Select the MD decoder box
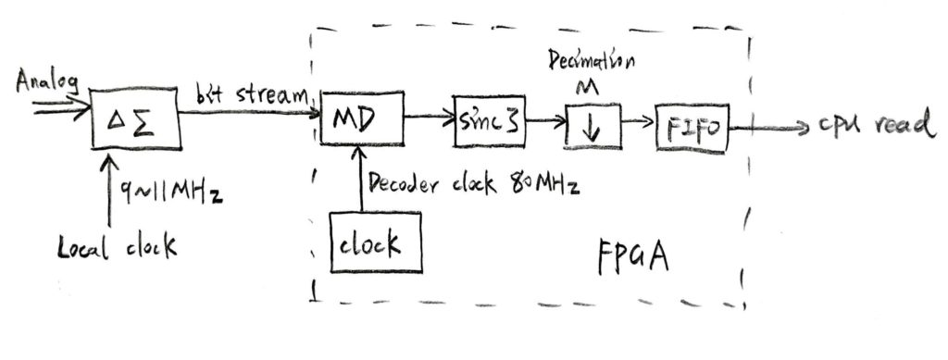pyautogui.click(x=362, y=121)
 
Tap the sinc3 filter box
pyautogui.click(x=489, y=119)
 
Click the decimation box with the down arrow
pyautogui.click(x=592, y=126)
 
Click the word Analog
pyautogui.click(x=46, y=82)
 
